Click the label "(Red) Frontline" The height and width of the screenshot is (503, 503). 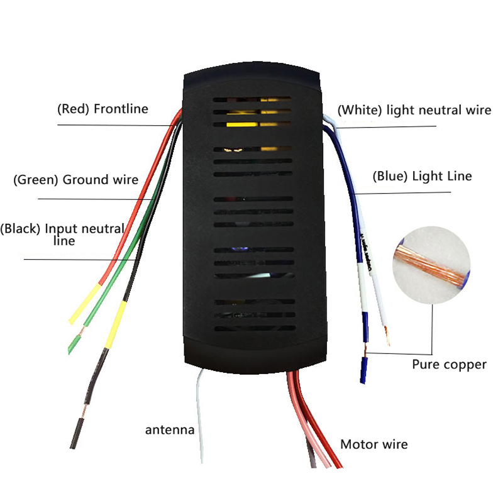coord(102,109)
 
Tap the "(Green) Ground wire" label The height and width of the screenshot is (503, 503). coord(75,180)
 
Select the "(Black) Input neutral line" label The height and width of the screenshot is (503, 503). coord(62,235)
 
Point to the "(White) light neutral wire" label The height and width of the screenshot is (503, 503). coord(414,110)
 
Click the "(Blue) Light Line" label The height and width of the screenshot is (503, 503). coord(422,176)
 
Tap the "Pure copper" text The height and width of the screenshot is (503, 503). coord(449,365)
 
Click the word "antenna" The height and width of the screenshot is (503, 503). coord(170,430)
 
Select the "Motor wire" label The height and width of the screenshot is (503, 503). coord(374,445)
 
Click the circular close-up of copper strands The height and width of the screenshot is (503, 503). coord(431,265)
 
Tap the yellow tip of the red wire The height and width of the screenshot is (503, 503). coord(85,304)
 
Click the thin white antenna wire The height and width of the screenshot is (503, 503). coord(199,416)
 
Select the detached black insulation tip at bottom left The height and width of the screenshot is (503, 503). coord(77,433)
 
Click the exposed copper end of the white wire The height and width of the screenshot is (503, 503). coord(387,336)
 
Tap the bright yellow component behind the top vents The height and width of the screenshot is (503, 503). coord(242,124)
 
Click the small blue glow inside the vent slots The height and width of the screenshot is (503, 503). coord(239,249)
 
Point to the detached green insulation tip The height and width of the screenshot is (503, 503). coord(74,344)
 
